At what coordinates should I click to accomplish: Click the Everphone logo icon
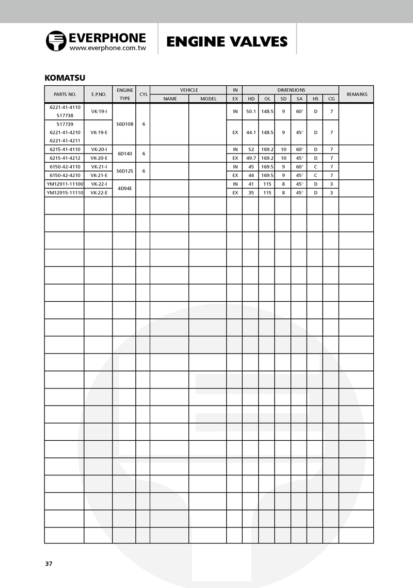[55, 41]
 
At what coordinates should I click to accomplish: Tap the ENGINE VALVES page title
[227, 41]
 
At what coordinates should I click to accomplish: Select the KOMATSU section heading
[65, 78]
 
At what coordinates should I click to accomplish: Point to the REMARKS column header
[357, 95]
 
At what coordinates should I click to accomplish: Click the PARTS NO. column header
[65, 95]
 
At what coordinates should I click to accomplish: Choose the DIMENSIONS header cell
[291, 90]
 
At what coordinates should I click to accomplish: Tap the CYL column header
[144, 95]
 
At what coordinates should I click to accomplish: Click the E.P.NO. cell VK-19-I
[99, 111]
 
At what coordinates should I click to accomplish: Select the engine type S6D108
[124, 124]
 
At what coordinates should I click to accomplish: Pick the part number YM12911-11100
[65, 184]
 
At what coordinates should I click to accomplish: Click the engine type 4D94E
[124, 188]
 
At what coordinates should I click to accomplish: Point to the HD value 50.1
[251, 111]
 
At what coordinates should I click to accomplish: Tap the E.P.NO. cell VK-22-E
[99, 193]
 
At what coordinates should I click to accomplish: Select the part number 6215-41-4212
[65, 158]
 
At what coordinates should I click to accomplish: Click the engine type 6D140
[124, 153]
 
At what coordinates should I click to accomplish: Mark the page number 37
[49, 564]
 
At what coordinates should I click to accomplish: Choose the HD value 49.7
[251, 158]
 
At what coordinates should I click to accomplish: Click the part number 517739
[65, 125]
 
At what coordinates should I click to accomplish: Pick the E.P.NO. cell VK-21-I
[99, 167]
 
